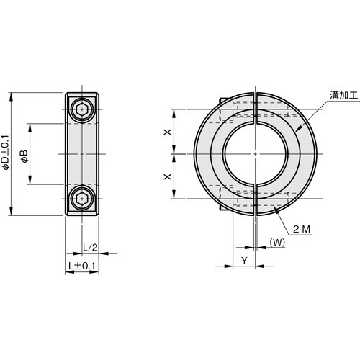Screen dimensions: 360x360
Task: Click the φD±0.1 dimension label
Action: (x=6, y=154)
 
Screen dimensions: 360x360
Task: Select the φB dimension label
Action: (x=24, y=154)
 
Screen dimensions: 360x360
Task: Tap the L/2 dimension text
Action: (x=90, y=247)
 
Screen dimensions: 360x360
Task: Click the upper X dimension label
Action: (x=167, y=132)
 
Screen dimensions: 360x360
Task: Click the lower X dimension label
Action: (x=167, y=176)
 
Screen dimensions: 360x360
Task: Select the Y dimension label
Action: (x=243, y=259)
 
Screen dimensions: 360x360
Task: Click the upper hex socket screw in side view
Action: (x=84, y=109)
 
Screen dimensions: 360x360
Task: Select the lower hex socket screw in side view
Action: (x=84, y=198)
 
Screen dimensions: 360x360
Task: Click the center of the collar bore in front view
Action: (x=256, y=153)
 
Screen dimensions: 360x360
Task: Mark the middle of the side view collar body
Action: (x=84, y=153)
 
